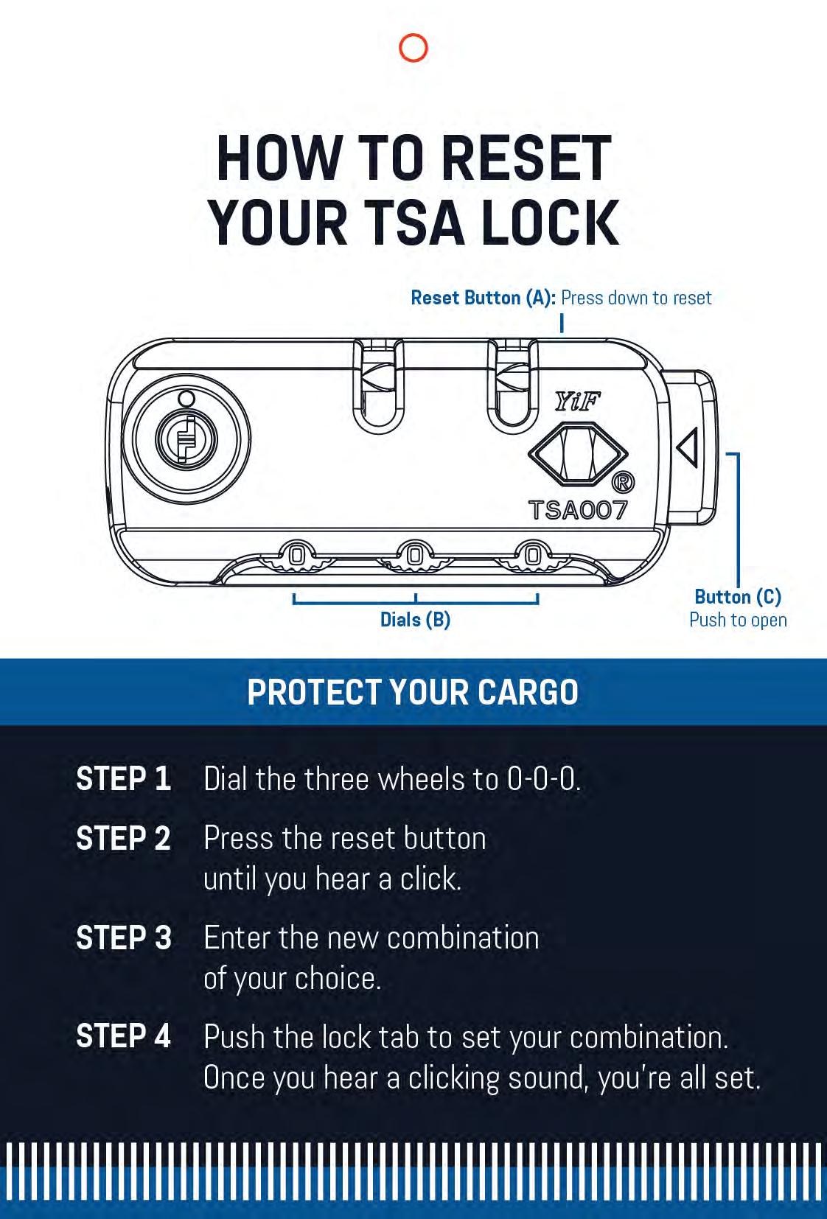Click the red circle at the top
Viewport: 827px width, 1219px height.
click(x=413, y=48)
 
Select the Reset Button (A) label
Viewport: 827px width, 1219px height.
click(x=483, y=298)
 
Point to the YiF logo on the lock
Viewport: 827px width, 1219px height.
click(x=577, y=402)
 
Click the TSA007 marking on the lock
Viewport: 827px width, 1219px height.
click(x=578, y=510)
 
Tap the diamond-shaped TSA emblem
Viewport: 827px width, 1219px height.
click(x=578, y=454)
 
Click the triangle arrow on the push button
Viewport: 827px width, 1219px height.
click(x=688, y=447)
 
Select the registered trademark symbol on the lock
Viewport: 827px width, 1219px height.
click(x=623, y=483)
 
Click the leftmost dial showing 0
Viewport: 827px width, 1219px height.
click(x=296, y=555)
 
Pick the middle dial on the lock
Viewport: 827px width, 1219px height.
click(x=415, y=555)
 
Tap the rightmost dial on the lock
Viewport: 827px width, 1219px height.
click(x=533, y=555)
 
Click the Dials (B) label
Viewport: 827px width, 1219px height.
click(x=415, y=620)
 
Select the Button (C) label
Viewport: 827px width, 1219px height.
click(x=738, y=597)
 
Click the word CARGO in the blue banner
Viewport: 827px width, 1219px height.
click(x=528, y=692)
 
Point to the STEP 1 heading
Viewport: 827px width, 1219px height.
click(x=123, y=779)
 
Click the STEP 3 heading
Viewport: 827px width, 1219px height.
click(x=123, y=937)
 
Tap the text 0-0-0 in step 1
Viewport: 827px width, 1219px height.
click(x=542, y=779)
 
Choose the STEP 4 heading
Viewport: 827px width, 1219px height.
click(x=123, y=1036)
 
